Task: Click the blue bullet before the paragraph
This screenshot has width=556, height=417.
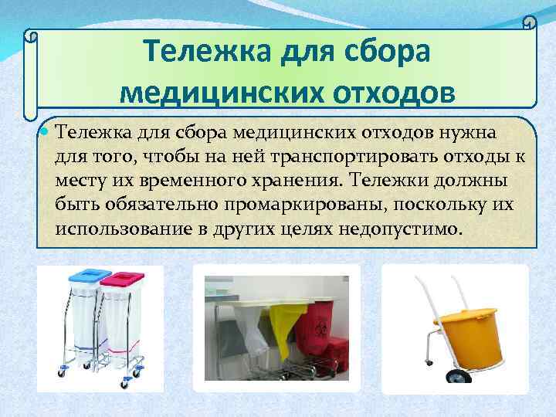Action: pyautogui.click(x=45, y=132)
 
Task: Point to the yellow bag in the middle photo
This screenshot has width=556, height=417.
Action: pyautogui.click(x=284, y=324)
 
